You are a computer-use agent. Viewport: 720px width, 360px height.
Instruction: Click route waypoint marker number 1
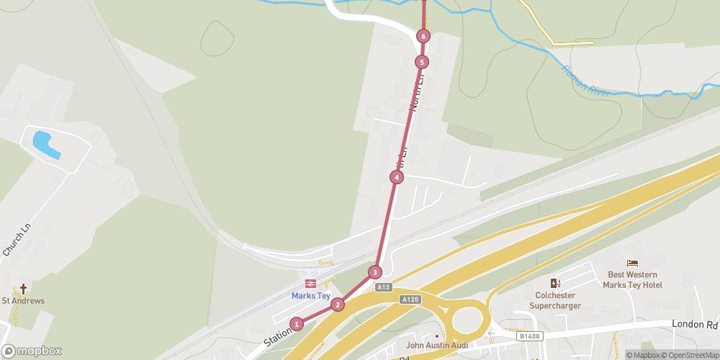(x=297, y=324)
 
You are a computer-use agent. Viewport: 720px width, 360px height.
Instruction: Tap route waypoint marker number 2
(x=338, y=305)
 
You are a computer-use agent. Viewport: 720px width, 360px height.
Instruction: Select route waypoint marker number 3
(x=374, y=272)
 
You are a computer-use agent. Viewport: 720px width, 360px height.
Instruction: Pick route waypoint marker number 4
(x=396, y=177)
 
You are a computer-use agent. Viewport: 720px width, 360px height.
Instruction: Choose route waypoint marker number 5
(x=422, y=62)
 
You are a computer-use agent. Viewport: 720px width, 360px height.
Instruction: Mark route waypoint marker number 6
(x=423, y=36)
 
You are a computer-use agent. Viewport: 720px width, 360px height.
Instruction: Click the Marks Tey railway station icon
(x=311, y=283)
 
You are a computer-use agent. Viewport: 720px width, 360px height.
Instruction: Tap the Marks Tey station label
(x=311, y=295)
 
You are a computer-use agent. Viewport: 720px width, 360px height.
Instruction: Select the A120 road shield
(x=410, y=299)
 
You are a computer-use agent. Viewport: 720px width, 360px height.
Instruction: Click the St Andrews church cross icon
(x=23, y=289)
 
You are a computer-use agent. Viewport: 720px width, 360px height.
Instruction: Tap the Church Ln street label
(x=17, y=239)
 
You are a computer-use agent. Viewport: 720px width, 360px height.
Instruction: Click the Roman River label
(x=584, y=78)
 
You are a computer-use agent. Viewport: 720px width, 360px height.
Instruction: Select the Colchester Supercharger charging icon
(x=554, y=283)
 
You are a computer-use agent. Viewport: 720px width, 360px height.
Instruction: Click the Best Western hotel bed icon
(x=633, y=264)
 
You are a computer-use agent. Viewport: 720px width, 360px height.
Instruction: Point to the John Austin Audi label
(x=437, y=345)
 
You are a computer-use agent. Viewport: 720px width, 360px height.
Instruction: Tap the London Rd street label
(x=694, y=325)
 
